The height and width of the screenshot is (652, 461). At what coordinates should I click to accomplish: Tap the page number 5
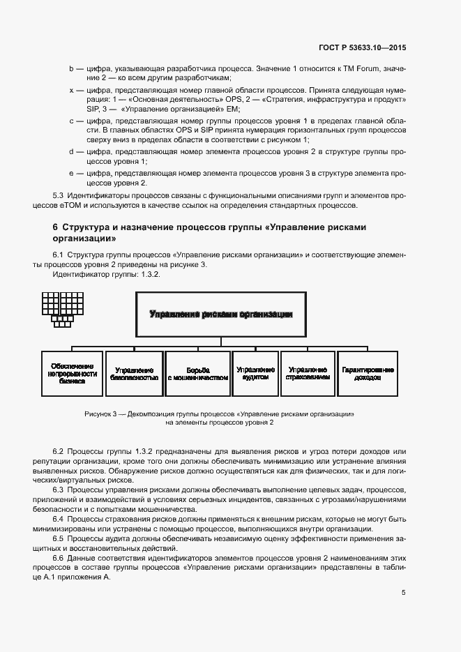(x=403, y=593)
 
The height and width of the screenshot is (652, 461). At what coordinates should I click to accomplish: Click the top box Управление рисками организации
(x=220, y=314)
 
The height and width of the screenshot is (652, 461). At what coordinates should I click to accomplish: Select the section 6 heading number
(x=55, y=227)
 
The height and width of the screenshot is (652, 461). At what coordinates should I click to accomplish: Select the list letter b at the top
(x=70, y=69)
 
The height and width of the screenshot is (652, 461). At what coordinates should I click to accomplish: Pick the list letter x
(x=70, y=91)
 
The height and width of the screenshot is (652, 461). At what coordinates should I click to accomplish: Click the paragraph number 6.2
(x=59, y=451)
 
